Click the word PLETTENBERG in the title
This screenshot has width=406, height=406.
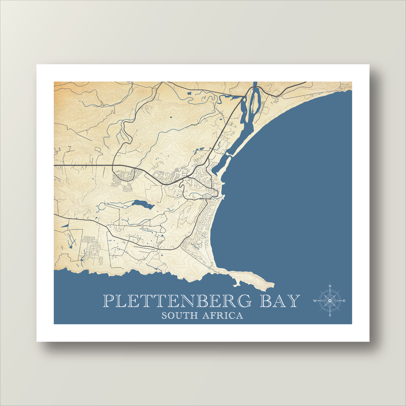coord(177,301)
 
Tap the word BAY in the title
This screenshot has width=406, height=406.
coord(280,301)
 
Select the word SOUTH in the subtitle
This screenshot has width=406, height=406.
coord(179,316)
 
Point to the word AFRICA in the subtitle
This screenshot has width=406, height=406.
coord(223,316)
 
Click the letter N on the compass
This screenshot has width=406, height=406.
coord(330,286)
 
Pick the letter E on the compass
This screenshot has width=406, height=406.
coord(344,301)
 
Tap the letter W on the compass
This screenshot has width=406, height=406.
coord(315,301)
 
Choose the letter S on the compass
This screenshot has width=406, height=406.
coord(330,315)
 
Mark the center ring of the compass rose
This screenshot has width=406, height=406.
coord(330,301)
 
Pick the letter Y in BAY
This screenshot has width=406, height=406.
coord(293,301)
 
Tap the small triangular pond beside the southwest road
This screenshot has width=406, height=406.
coord(65,225)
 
